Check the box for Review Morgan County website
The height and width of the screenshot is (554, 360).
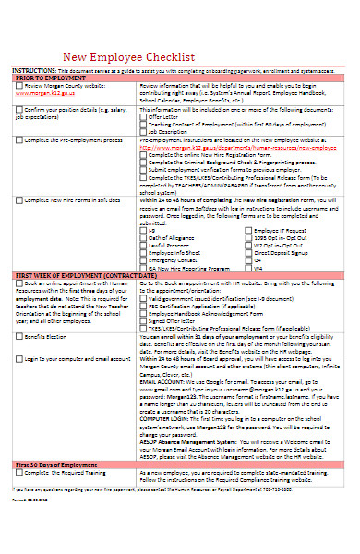click(19, 86)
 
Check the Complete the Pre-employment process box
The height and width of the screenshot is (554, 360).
click(19, 139)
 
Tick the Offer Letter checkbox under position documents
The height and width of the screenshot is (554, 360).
click(143, 117)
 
